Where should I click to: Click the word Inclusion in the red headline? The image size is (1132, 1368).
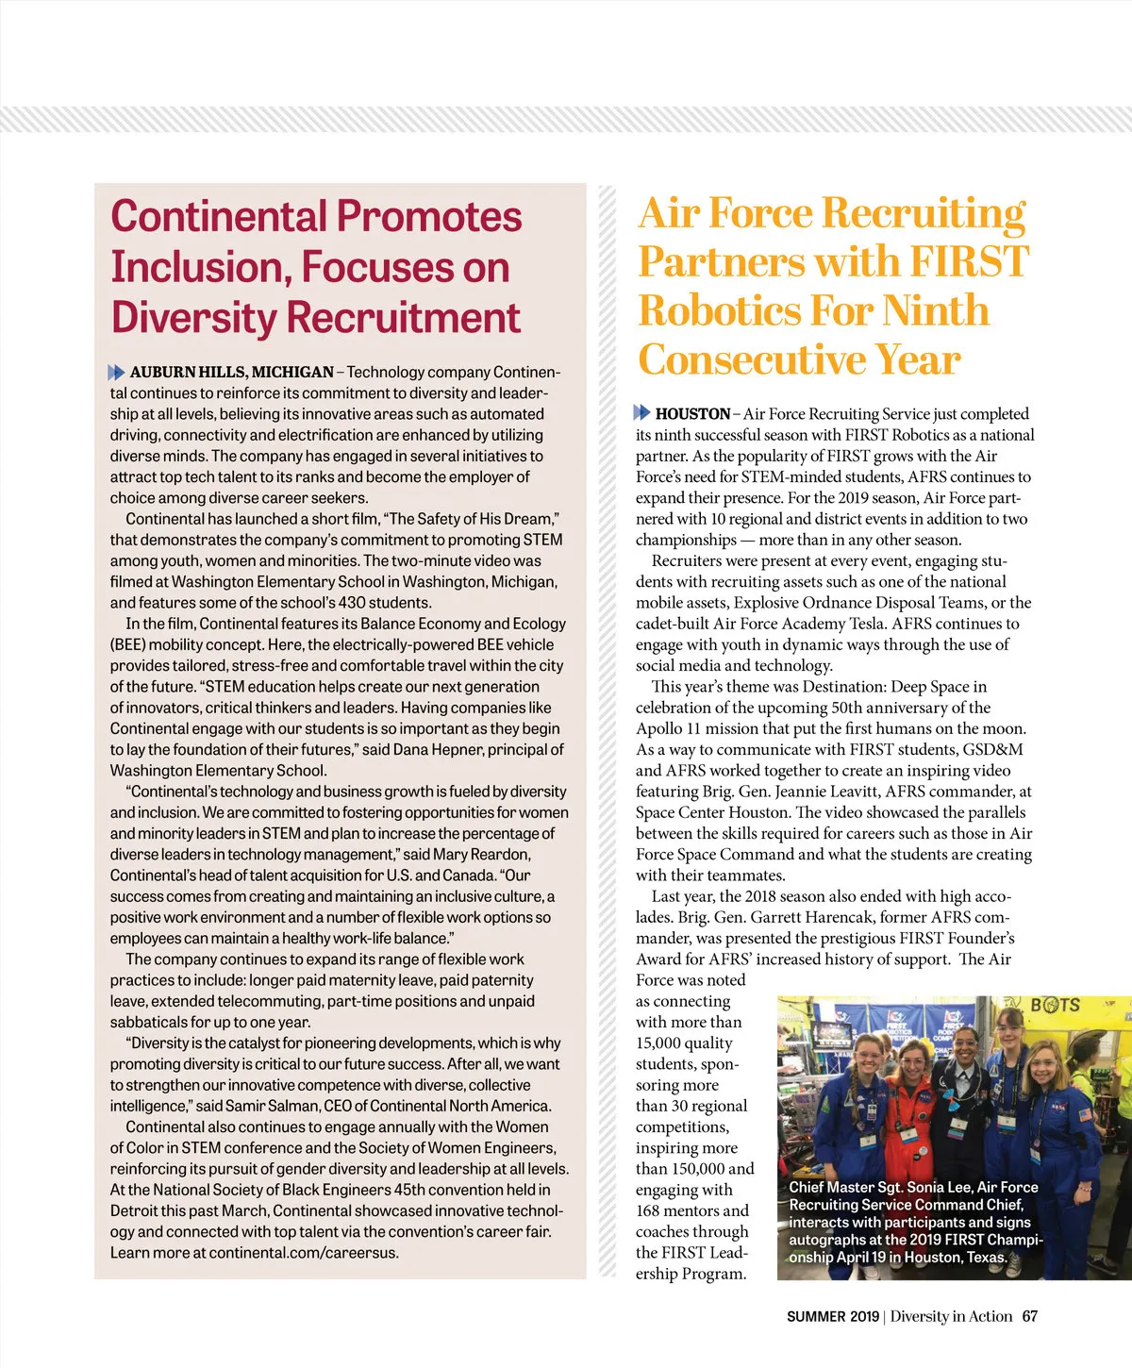pos(189,268)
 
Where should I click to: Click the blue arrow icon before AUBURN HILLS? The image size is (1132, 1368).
pos(117,373)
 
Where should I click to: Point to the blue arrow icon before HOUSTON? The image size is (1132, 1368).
pos(642,412)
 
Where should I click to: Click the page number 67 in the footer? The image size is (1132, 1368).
pos(1029,1316)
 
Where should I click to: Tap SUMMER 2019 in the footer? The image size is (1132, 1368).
pos(832,1316)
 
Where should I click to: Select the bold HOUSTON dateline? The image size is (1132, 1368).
pos(692,413)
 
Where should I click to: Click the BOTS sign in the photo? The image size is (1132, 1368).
pos(1055,1006)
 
